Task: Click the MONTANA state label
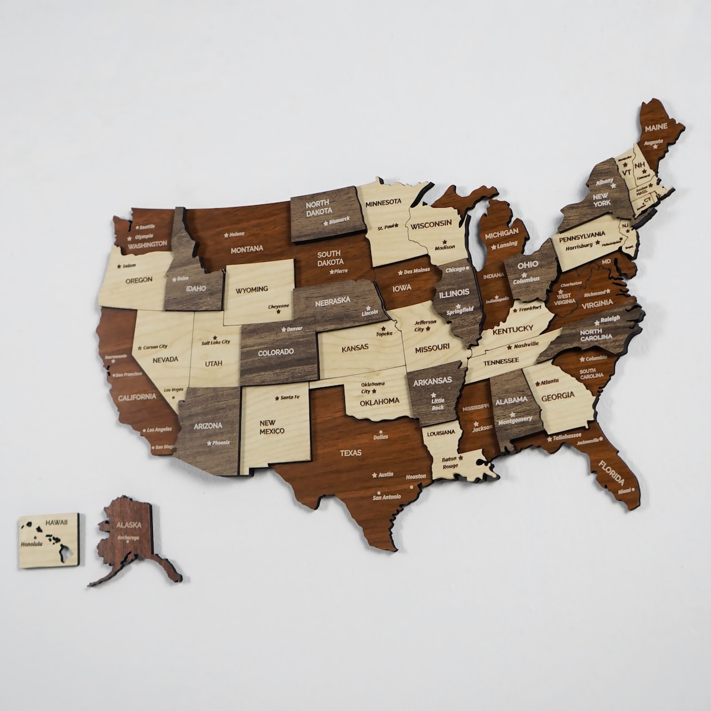(x=247, y=249)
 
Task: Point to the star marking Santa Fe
(x=277, y=397)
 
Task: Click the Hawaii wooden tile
(x=49, y=539)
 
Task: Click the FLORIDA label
(x=611, y=473)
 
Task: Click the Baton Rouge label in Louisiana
(x=450, y=462)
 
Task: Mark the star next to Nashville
(x=509, y=347)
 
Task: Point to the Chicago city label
(x=456, y=269)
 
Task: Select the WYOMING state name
(x=251, y=289)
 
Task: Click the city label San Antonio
(x=386, y=497)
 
